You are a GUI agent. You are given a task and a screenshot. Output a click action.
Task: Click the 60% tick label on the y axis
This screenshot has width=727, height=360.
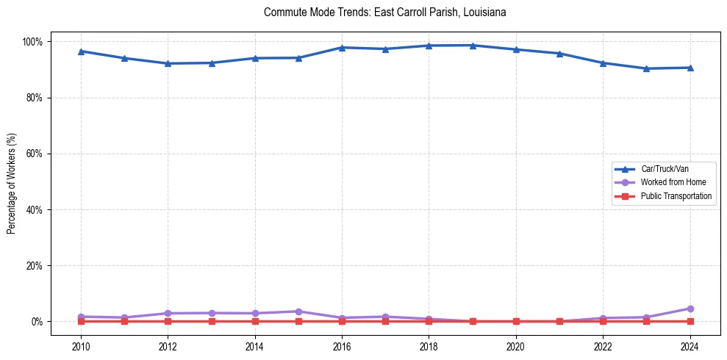[35, 154]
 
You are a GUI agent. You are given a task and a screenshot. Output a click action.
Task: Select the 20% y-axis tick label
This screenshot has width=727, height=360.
[35, 266]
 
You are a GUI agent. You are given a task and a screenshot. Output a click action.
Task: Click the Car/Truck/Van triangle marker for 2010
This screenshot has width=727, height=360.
[81, 51]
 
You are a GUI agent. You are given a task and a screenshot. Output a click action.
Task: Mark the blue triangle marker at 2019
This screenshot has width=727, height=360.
[473, 46]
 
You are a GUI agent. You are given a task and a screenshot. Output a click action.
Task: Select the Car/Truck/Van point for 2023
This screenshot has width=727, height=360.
[646, 68]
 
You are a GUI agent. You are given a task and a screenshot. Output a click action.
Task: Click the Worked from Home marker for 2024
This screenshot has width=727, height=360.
[690, 309]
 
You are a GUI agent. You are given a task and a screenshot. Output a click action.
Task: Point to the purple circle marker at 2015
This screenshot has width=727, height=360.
[298, 312]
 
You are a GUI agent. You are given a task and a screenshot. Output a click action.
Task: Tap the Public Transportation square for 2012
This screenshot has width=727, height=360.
[168, 322]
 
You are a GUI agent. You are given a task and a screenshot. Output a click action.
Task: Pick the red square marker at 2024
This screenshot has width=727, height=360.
[690, 322]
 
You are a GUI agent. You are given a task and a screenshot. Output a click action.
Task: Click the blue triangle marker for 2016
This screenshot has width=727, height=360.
[342, 47]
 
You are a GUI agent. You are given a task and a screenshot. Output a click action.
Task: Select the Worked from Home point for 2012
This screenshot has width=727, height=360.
[168, 314]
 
